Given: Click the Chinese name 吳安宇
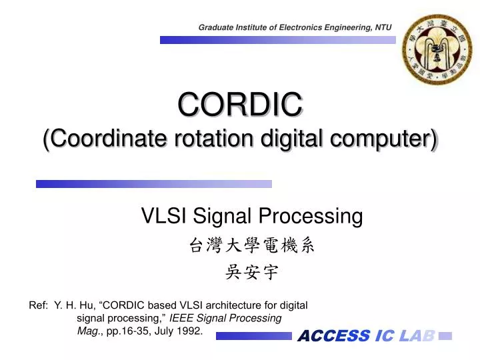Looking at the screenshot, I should click(251, 272).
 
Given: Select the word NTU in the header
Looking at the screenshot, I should click(383, 27).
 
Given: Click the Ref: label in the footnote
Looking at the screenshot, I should click(38, 305).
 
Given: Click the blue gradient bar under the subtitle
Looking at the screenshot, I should click(154, 183).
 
